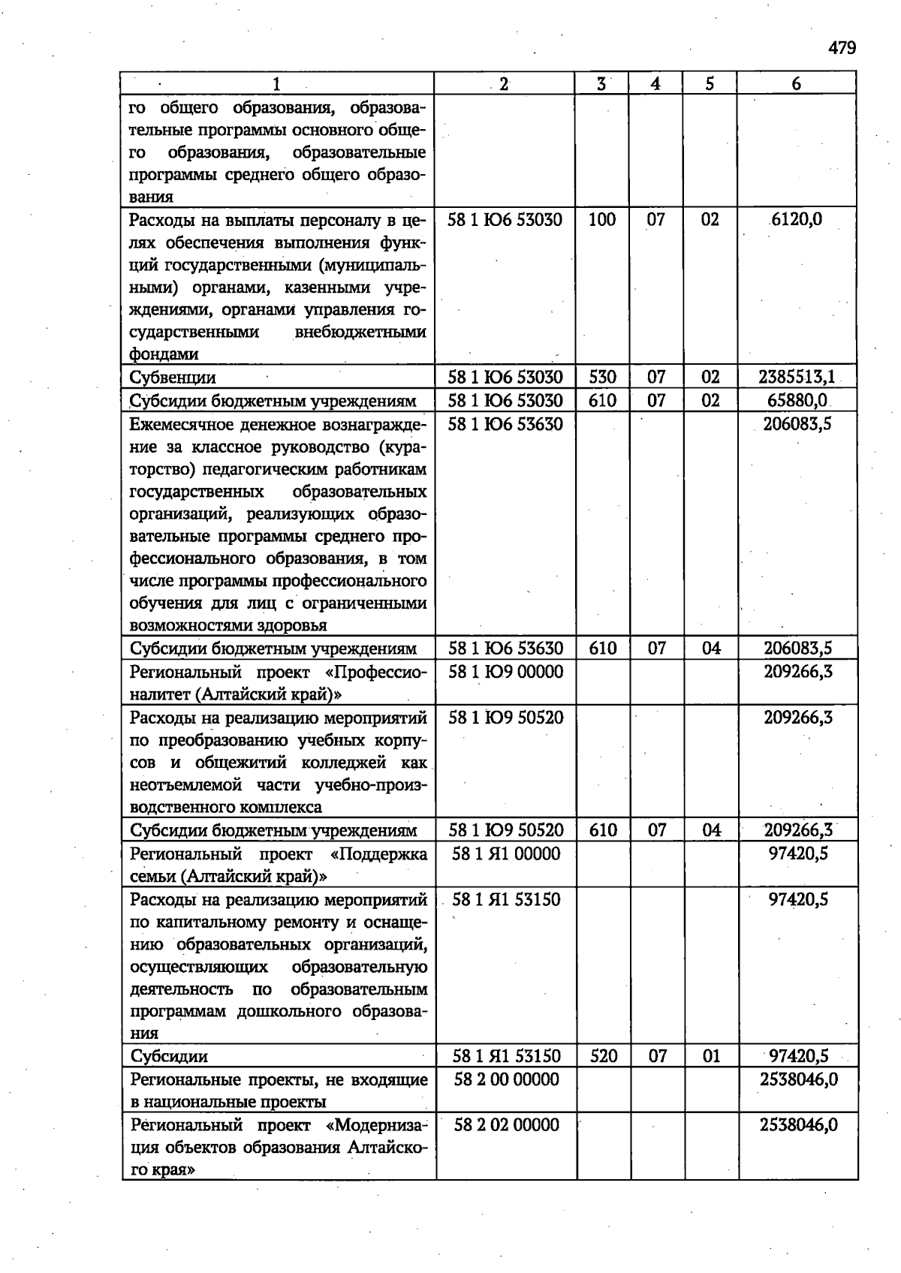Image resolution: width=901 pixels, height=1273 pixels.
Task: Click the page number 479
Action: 842,49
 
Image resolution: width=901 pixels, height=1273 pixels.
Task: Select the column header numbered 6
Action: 796,84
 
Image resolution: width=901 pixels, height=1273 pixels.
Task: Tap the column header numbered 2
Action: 504,84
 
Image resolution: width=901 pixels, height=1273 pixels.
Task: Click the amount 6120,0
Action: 796,220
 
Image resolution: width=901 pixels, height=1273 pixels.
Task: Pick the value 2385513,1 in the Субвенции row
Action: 797,378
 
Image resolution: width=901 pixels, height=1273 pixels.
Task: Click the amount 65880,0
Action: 797,401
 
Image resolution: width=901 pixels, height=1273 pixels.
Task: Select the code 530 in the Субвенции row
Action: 602,378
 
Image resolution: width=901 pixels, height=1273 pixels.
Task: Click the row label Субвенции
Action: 173,378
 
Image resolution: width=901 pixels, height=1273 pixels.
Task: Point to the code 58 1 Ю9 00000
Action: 505,672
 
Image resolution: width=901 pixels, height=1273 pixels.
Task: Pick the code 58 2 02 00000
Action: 506,1125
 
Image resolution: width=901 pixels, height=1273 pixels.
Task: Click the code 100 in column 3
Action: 602,220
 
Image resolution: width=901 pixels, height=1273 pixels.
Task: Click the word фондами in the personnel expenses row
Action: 164,355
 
